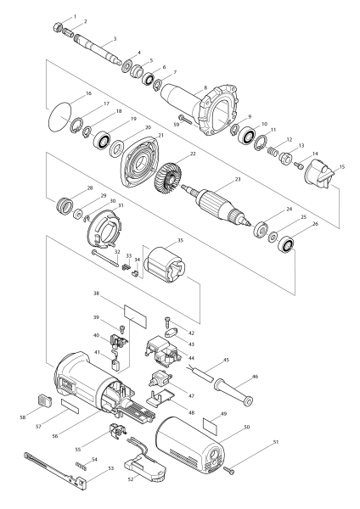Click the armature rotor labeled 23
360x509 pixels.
pos(216,204)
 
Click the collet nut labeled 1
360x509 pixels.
pos(58,27)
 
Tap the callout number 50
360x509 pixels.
pos(246,427)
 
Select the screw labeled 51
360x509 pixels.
pos(229,470)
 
